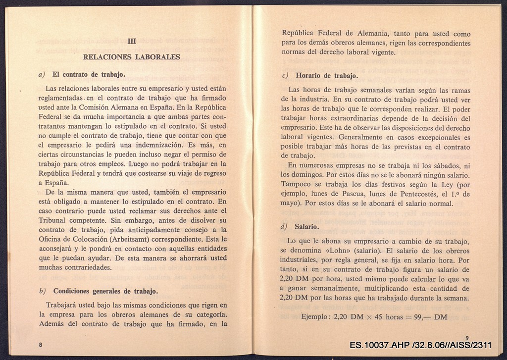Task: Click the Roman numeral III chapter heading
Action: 131,42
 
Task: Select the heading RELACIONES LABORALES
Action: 131,57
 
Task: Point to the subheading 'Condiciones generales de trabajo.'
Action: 105,291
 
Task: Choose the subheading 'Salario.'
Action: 307,227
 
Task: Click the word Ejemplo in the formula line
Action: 316,317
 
